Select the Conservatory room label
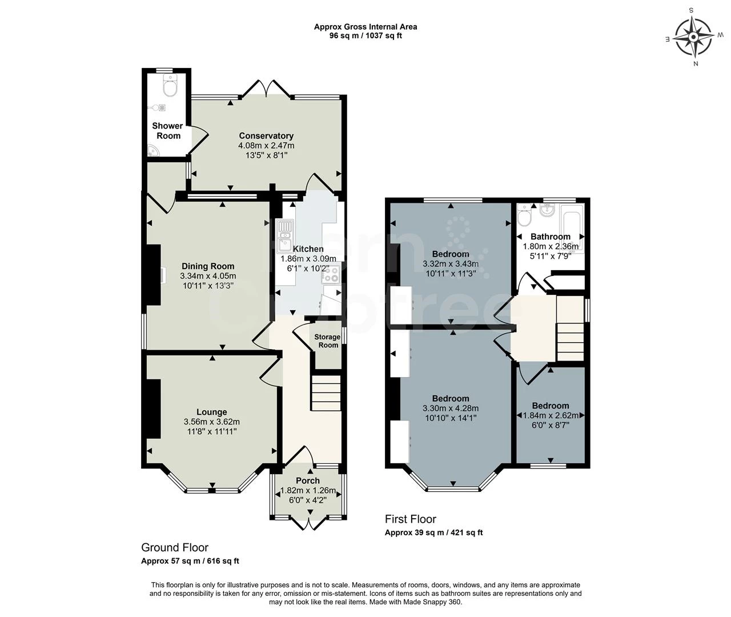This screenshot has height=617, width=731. click(x=266, y=136)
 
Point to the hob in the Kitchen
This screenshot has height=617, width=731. click(x=331, y=274)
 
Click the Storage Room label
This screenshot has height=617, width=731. click(x=327, y=341)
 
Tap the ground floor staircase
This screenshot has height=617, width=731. click(x=326, y=392)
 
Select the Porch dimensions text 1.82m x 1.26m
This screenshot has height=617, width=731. click(x=308, y=490)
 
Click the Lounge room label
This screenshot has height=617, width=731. click(x=212, y=412)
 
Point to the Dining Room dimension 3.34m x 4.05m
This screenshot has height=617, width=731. click(x=208, y=276)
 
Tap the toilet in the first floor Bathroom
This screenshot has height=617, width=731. click(x=524, y=216)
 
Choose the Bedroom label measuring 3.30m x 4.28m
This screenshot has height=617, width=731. click(x=451, y=399)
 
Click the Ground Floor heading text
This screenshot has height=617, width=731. click(x=175, y=548)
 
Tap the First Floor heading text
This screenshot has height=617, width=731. click(x=410, y=519)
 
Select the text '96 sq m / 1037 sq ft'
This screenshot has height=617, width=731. click(x=365, y=35)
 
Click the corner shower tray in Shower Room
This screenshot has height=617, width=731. click(x=154, y=150)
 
